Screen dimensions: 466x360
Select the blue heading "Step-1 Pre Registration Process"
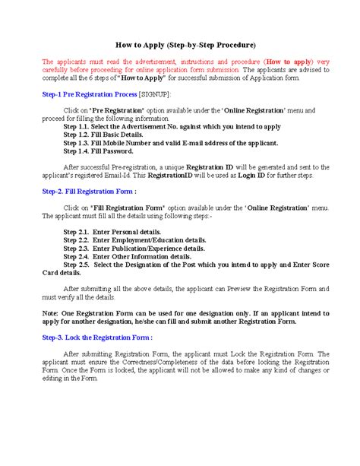89,94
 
